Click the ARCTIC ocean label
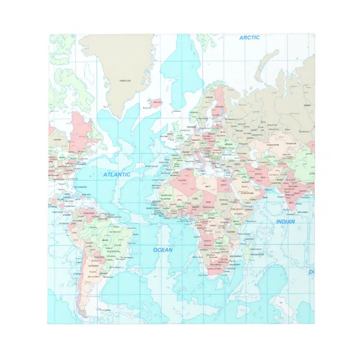coord(250,37)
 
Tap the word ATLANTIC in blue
coord(116,174)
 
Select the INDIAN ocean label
coord(285,222)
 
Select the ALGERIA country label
coord(182,180)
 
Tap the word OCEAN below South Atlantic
coord(163,250)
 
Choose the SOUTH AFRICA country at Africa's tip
coord(214,269)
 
